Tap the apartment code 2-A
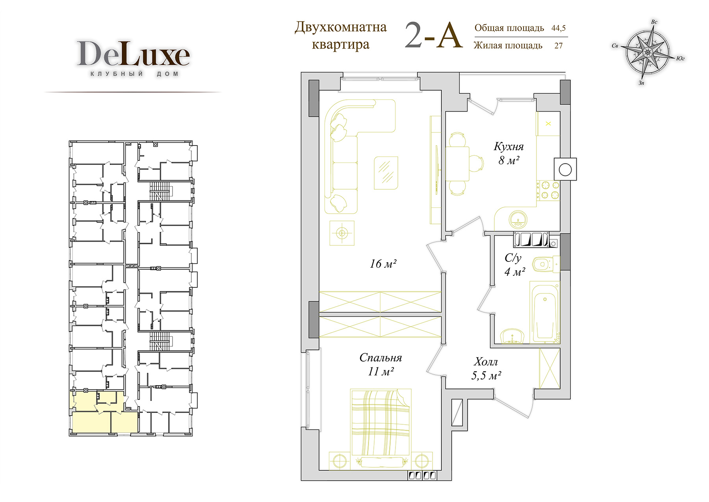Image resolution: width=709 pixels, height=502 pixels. pos(433,35)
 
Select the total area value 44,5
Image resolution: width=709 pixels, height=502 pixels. pos(559,28)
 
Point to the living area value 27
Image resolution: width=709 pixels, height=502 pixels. pos(559,46)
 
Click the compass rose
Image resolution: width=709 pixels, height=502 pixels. pos(648,52)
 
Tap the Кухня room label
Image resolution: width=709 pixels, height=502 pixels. pos(509,147)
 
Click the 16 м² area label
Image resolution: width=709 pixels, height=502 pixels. pos(383,263)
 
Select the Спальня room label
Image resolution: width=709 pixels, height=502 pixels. pos(380,358)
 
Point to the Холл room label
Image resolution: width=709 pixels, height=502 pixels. pos(486,362)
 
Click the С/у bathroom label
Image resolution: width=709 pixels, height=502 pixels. pos(513,258)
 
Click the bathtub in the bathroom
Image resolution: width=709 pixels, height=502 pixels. pos(545,312)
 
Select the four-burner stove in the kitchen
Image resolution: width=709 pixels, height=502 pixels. pos(548,190)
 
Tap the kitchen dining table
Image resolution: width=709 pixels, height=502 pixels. pos(457,164)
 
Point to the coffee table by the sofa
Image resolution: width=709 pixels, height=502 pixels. pos(386,173)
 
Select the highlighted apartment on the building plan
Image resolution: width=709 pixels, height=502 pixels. pos(104,412)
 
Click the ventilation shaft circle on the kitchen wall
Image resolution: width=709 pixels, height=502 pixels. pos(565,170)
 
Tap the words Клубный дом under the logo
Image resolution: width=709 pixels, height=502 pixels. pos(134,74)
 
